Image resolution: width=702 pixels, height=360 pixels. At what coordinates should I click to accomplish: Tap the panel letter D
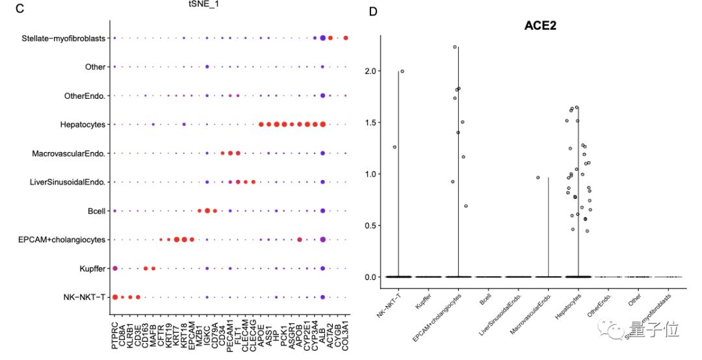tap(373, 12)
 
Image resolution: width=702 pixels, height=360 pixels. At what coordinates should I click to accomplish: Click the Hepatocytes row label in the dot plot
tap(80, 124)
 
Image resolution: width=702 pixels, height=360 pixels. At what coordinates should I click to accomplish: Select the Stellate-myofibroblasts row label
tap(62, 38)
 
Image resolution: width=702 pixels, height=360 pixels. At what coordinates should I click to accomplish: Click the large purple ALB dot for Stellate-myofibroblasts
tap(322, 38)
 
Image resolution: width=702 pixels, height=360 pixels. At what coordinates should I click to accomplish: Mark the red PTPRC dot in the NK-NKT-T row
tap(115, 297)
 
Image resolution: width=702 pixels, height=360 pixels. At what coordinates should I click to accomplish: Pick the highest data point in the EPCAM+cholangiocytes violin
tap(455, 47)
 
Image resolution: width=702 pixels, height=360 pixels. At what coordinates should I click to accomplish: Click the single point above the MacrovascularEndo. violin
tap(538, 177)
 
